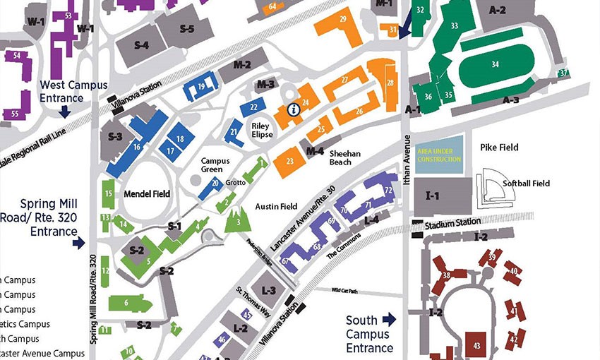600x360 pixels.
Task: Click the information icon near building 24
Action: [x=292, y=109]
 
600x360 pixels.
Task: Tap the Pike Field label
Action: [x=499, y=148]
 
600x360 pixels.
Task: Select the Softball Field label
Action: [x=526, y=184]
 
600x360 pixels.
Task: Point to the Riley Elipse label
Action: [x=262, y=130]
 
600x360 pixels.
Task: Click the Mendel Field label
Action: [x=147, y=193]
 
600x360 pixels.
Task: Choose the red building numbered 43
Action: [x=477, y=345]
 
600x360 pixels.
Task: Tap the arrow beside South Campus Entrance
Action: [x=388, y=320]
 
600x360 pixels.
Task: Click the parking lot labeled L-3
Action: [x=269, y=290]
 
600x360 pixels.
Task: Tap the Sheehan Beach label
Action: [x=345, y=157]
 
